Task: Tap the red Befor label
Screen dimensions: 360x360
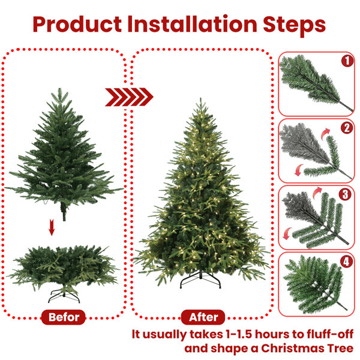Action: click(x=64, y=317)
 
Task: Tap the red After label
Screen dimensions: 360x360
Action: click(x=203, y=317)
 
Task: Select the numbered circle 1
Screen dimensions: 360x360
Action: click(x=346, y=60)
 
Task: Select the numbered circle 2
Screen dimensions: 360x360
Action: click(x=346, y=127)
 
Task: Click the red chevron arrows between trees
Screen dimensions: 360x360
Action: click(x=129, y=96)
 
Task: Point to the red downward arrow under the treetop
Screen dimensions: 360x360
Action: click(x=52, y=227)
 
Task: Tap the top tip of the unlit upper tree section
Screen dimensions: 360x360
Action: click(x=58, y=89)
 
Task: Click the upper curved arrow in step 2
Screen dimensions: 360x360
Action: click(x=325, y=133)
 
